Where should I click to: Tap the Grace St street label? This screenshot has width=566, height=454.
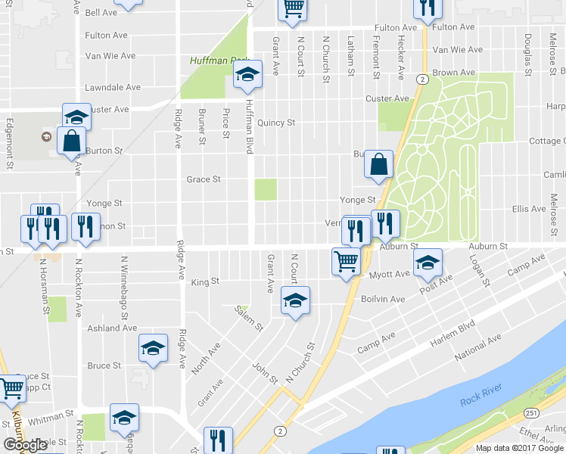click(x=204, y=179)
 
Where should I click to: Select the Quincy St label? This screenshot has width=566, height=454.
click(x=275, y=123)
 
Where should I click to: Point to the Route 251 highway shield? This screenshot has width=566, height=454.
click(x=531, y=412)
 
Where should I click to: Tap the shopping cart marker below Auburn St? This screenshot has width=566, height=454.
click(x=346, y=263)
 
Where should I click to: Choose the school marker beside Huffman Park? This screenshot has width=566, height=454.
click(x=247, y=75)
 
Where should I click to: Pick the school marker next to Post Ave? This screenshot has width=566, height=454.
click(x=428, y=263)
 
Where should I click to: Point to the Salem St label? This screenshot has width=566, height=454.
click(x=248, y=318)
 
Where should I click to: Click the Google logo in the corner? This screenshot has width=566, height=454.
click(x=25, y=445)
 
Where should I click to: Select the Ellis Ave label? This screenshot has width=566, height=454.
click(x=529, y=209)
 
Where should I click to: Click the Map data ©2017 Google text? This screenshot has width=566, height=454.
click(x=519, y=448)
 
